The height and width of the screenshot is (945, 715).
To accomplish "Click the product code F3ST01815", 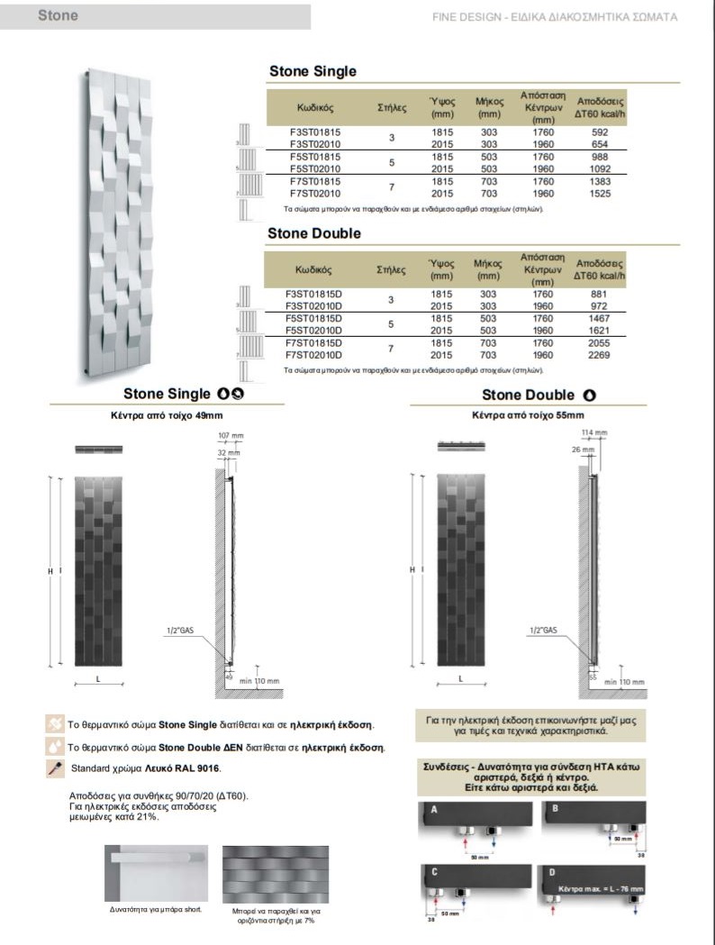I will pyautogui.click(x=315, y=132).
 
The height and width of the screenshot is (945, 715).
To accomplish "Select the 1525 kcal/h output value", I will pyautogui.click(x=599, y=193).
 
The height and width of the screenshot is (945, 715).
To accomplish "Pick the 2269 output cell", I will pyautogui.click(x=599, y=355).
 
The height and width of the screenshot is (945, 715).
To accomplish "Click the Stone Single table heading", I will pyautogui.click(x=312, y=71).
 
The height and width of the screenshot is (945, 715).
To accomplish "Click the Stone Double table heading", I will pyautogui.click(x=314, y=233).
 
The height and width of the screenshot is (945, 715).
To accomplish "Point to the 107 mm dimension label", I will pyautogui.click(x=231, y=436).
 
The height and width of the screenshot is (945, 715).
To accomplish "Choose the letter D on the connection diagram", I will pyautogui.click(x=551, y=872).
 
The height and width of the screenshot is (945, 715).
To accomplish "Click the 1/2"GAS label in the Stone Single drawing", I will pyautogui.click(x=180, y=630).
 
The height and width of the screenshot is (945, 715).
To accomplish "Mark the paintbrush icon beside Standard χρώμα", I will pyautogui.click(x=53, y=768).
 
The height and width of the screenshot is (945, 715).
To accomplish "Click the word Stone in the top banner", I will pyautogui.click(x=58, y=15).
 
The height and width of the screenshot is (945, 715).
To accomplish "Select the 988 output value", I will pyautogui.click(x=599, y=157).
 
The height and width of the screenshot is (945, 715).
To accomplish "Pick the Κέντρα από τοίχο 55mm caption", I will pyautogui.click(x=528, y=415).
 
